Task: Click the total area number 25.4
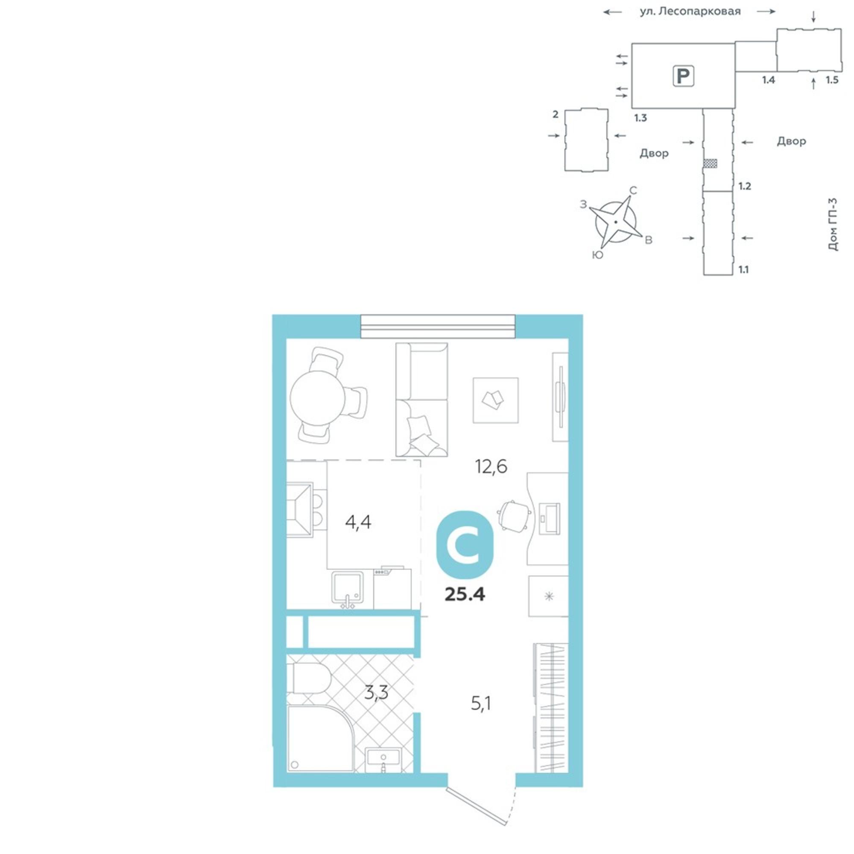pyautogui.click(x=465, y=594)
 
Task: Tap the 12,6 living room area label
pyautogui.click(x=491, y=466)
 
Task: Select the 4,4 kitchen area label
pyautogui.click(x=358, y=523)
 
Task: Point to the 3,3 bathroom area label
pyautogui.click(x=376, y=693)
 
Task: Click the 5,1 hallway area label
pyautogui.click(x=481, y=703)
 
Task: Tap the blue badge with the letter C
pyautogui.click(x=465, y=544)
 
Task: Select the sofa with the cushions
pyautogui.click(x=422, y=400)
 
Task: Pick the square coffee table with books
pyautogui.click(x=495, y=401)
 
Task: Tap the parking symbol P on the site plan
pyautogui.click(x=683, y=76)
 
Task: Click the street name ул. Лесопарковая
pyautogui.click(x=690, y=12)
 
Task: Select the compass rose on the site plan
pyautogui.click(x=615, y=222)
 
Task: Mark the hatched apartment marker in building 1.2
pyautogui.click(x=711, y=164)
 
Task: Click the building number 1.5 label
pyautogui.click(x=832, y=80)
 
